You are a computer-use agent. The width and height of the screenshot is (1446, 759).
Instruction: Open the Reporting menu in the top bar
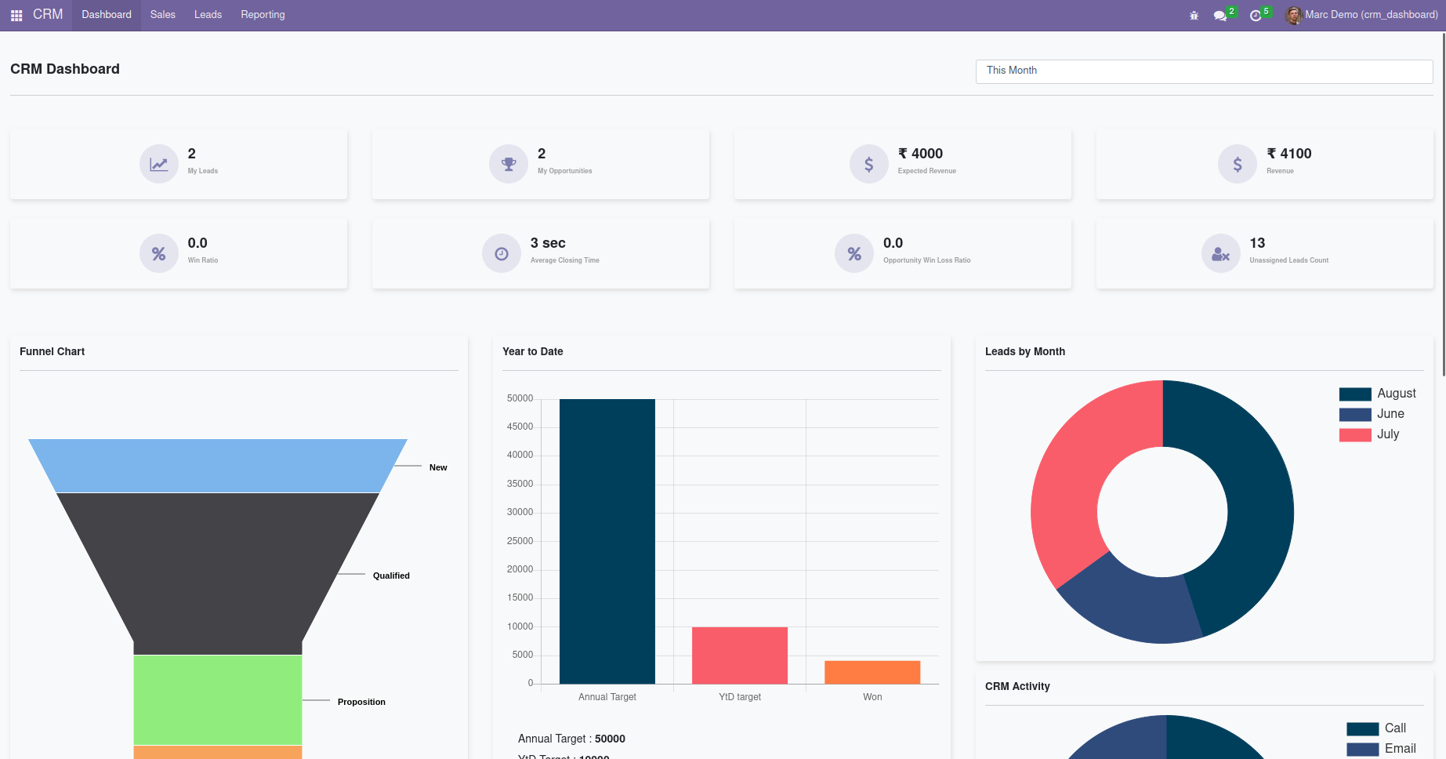(x=263, y=15)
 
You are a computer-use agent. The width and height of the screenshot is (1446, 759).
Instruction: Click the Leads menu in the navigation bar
(x=208, y=15)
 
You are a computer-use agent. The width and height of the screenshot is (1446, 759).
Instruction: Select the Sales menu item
(x=162, y=15)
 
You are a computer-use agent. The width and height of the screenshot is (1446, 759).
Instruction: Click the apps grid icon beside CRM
(x=16, y=15)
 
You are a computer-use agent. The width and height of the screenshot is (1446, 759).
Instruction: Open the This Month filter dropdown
(x=1204, y=71)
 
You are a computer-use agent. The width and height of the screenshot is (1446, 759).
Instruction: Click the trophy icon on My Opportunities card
(x=509, y=164)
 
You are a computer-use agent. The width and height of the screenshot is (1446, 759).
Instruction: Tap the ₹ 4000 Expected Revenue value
(x=920, y=154)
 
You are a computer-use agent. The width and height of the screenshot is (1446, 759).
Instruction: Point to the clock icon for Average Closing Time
(x=502, y=253)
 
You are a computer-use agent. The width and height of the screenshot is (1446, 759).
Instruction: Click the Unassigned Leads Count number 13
(x=1257, y=243)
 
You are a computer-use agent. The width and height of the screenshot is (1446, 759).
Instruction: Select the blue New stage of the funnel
(x=217, y=466)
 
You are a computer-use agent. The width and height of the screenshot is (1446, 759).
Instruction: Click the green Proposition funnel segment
(x=217, y=699)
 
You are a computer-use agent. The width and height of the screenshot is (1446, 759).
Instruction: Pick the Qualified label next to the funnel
(x=391, y=576)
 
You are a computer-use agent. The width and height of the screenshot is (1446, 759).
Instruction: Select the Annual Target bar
(x=607, y=541)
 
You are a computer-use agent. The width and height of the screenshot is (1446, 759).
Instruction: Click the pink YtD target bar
(x=740, y=655)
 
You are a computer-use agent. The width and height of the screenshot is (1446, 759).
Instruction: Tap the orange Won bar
(x=872, y=672)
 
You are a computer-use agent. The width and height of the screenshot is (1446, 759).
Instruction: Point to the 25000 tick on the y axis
(x=520, y=541)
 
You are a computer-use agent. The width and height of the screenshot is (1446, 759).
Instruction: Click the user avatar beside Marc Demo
(x=1293, y=15)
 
